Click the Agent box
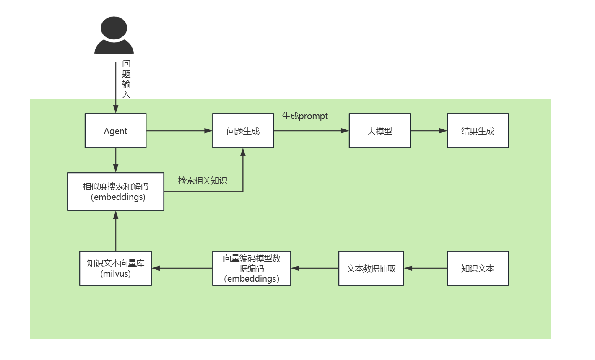(x=115, y=131)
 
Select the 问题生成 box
(x=243, y=131)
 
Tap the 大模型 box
(x=379, y=131)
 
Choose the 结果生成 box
(x=478, y=131)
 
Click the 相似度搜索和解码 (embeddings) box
(x=115, y=192)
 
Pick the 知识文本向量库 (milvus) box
(x=115, y=268)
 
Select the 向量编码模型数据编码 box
(x=252, y=268)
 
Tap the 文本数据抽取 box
(x=371, y=268)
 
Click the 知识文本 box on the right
(x=478, y=268)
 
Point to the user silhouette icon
(x=114, y=36)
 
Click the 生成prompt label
(x=305, y=116)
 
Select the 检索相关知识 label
(x=203, y=181)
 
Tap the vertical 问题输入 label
(x=126, y=79)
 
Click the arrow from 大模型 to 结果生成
(x=429, y=131)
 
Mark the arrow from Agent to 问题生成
(x=179, y=131)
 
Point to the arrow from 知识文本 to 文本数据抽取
(x=425, y=268)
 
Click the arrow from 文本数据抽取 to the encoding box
(x=314, y=268)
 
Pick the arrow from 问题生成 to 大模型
(x=311, y=131)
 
